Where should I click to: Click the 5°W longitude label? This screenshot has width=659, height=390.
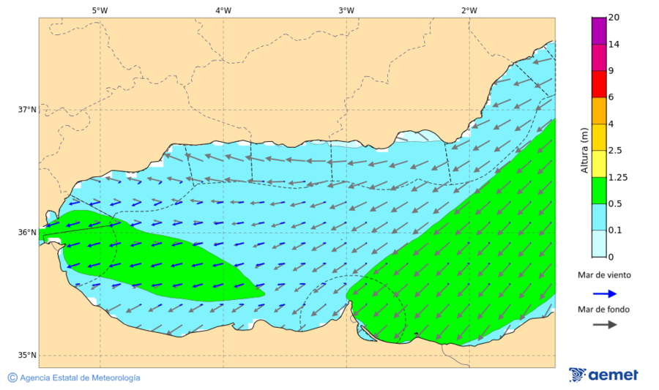tap(100, 10)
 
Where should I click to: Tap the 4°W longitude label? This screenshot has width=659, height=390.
tap(223, 10)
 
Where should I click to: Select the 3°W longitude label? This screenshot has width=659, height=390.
tap(346, 10)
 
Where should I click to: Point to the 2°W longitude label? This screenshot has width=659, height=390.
tap(469, 10)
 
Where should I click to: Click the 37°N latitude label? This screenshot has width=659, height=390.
tap(27, 110)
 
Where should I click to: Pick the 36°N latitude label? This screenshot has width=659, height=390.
tap(27, 233)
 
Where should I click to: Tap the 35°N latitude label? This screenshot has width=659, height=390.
tap(27, 356)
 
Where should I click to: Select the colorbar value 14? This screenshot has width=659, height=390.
tap(614, 45)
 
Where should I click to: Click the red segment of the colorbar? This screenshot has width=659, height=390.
tap(599, 84)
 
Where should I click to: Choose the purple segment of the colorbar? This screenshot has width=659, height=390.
tap(599, 31)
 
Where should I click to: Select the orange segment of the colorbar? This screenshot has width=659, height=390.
tap(599, 110)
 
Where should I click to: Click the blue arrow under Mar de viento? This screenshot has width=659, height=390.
tap(603, 293)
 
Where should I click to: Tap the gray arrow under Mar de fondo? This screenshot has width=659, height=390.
tap(603, 325)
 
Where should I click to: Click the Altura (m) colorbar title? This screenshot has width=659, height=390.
tap(584, 150)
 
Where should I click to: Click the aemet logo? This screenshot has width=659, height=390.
tap(603, 375)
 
